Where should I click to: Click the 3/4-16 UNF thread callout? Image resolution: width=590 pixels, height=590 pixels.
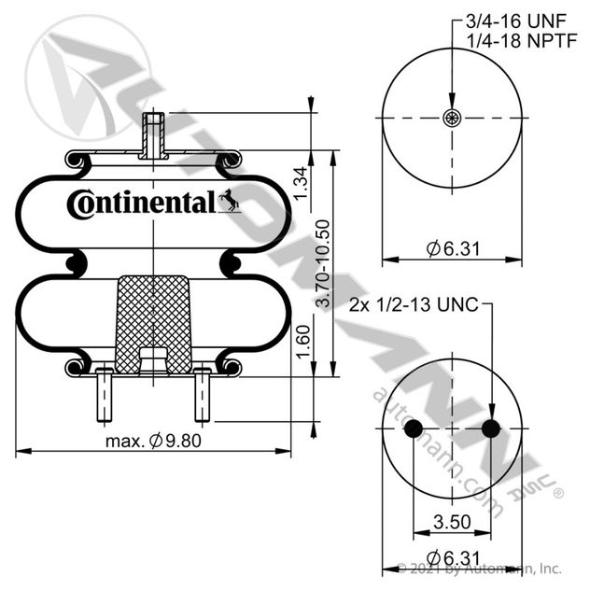click(x=516, y=21)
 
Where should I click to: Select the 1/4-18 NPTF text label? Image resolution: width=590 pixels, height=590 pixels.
click(x=522, y=41)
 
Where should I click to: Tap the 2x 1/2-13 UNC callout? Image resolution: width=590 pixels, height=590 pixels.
click(x=414, y=304)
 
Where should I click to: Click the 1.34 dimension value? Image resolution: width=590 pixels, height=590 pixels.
click(x=301, y=184)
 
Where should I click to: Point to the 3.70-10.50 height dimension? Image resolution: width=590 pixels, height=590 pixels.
click(x=323, y=263)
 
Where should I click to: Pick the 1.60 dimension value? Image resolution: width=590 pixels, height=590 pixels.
click(x=302, y=342)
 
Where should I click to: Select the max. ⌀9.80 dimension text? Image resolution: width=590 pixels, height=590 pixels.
click(x=153, y=441)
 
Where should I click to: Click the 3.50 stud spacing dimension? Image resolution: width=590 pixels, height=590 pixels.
click(x=452, y=522)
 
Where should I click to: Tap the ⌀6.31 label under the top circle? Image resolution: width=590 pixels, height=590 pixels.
click(x=453, y=248)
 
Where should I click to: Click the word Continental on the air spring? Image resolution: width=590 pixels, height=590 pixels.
click(x=142, y=204)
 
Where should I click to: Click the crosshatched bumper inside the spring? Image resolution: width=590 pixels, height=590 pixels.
click(x=153, y=324)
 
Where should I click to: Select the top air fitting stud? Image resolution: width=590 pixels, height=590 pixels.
click(x=153, y=135)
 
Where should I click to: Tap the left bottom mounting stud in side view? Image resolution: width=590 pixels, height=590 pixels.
click(x=105, y=395)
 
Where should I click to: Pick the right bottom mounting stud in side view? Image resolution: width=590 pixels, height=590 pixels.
click(x=203, y=395)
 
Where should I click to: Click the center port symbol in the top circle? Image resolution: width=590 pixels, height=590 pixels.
click(x=452, y=118)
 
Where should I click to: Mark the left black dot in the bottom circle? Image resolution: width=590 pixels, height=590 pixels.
click(x=414, y=428)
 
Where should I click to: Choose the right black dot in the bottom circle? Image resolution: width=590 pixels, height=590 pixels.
click(x=491, y=428)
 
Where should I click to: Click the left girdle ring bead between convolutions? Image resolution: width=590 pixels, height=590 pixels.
click(x=75, y=263)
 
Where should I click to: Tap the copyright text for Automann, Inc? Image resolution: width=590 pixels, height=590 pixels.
click(x=480, y=569)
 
